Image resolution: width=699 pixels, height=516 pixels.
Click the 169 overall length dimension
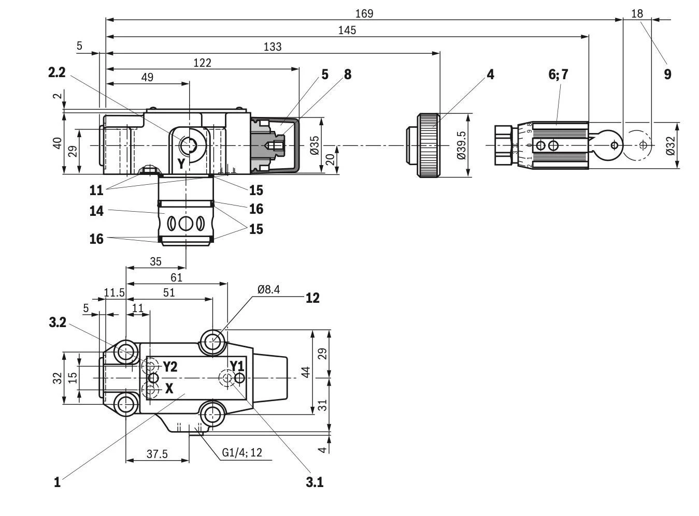coord(364,13)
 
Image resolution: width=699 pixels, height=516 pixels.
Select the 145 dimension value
coord(347,30)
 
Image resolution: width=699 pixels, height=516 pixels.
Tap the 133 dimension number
coord(273,47)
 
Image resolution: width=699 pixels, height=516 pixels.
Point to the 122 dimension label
coord(202,63)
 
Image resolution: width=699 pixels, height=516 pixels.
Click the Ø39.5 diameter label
coord(461,145)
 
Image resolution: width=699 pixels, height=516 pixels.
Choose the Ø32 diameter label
coord(670,145)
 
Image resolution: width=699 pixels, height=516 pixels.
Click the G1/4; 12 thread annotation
coord(242,452)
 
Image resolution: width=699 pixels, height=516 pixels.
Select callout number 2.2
coord(56,72)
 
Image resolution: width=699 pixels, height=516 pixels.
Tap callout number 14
coord(96,211)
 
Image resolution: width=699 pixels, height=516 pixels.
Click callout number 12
coord(312,298)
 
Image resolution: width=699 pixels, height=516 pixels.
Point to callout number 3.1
coord(314,482)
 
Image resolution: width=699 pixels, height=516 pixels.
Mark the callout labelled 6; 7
coord(558,74)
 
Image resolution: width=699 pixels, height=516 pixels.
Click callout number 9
coord(667,74)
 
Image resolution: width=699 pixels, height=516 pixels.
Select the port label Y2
coord(170,367)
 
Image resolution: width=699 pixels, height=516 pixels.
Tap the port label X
coord(169,389)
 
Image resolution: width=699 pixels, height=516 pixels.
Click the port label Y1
coord(237,366)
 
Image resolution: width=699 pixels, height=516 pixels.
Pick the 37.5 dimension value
coord(157,454)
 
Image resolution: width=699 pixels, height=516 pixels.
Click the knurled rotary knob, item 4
coord(429,145)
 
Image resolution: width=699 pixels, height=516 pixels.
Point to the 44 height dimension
coord(306,372)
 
